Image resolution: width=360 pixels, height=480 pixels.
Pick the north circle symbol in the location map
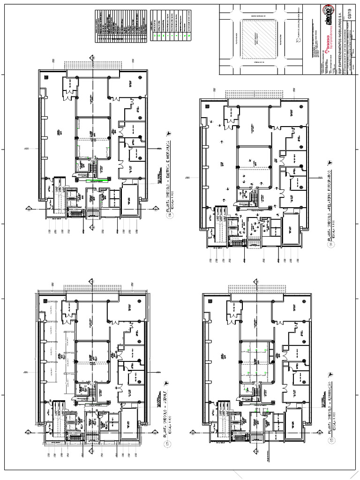(x=299, y=41)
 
